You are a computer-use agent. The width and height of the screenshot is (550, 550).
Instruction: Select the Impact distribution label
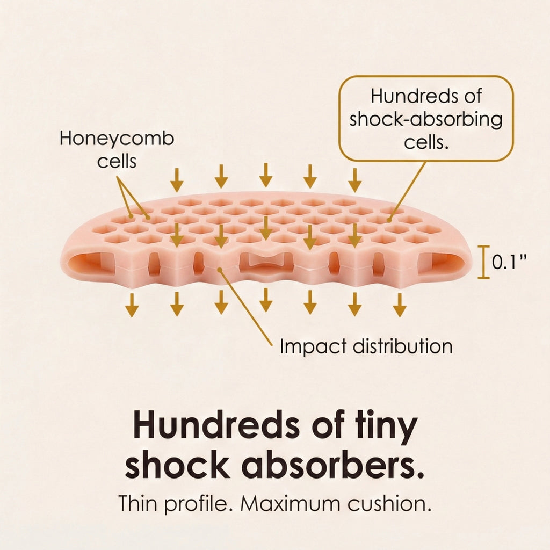[x=366, y=346]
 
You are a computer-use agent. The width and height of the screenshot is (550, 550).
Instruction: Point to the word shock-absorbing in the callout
[x=426, y=120]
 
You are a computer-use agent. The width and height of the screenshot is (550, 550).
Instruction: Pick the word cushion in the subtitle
[x=389, y=503]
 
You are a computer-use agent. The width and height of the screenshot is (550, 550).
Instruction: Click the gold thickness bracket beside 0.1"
[x=483, y=262]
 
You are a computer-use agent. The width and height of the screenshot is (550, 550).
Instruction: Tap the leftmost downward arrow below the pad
[x=132, y=305]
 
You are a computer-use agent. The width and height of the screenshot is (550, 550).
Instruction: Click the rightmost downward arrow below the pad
[x=400, y=305]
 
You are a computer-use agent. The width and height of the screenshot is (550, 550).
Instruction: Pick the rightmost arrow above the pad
[x=355, y=180]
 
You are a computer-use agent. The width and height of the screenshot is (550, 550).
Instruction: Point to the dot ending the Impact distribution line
[x=220, y=270]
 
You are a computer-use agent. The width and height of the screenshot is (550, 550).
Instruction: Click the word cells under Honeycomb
[x=117, y=162]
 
